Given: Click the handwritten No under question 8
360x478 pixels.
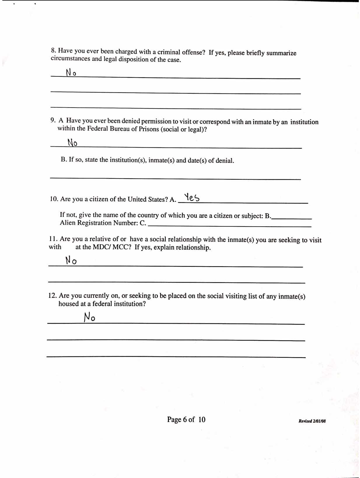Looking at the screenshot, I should click(x=71, y=72).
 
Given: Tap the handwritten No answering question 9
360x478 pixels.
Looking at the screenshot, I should click(x=72, y=143).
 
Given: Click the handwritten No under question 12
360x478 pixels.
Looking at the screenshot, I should click(x=89, y=317).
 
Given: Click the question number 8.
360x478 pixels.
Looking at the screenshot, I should click(x=53, y=50).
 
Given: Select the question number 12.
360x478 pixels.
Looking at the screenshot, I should click(x=52, y=295).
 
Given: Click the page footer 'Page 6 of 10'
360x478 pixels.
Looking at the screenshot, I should click(x=186, y=419).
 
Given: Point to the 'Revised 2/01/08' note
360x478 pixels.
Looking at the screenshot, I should click(x=312, y=421).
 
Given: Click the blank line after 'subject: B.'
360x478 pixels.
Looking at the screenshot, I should click(x=292, y=219).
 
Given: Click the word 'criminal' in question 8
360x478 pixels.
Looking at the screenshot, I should click(x=169, y=52).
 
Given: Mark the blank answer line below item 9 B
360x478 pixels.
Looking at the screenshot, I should click(x=175, y=178).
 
